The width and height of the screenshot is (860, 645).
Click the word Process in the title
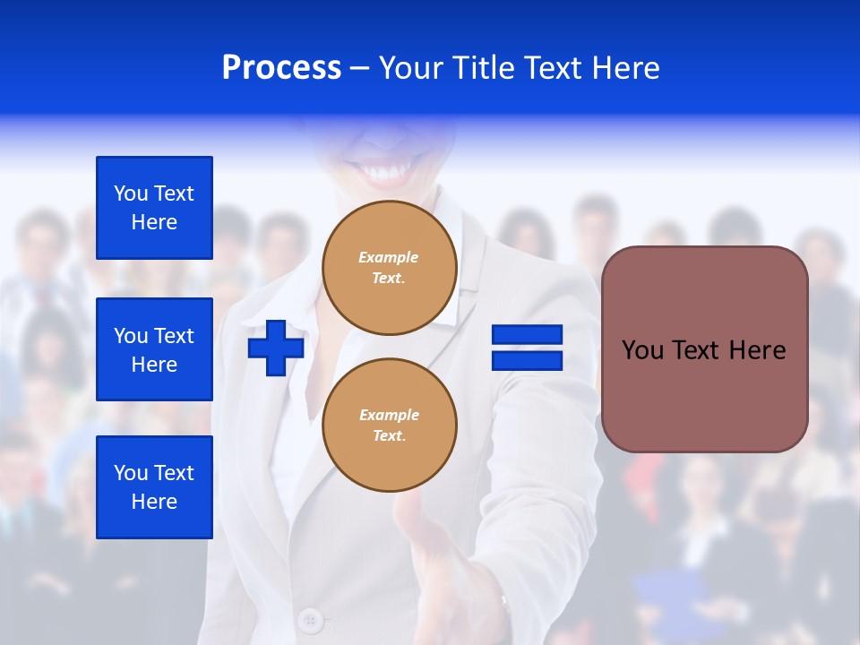[x=281, y=68]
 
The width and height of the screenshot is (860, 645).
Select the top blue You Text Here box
[x=154, y=208]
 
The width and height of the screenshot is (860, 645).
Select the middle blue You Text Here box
[x=154, y=349]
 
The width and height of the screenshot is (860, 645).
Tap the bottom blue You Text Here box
[x=154, y=487]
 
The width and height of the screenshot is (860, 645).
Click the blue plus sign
[x=276, y=348]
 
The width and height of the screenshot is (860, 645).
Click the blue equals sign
[x=527, y=348]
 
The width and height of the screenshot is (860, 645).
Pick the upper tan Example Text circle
[x=390, y=268]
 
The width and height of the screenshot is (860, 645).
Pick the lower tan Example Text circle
[x=390, y=426]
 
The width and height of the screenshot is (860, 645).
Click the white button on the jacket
[x=311, y=619]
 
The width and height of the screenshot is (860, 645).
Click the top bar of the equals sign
[x=527, y=334]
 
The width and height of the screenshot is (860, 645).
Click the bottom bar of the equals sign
[x=527, y=361]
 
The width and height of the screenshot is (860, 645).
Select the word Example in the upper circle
[x=389, y=257]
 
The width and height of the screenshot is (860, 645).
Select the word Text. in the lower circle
[x=389, y=436]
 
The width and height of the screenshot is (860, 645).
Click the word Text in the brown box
[x=700, y=350]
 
